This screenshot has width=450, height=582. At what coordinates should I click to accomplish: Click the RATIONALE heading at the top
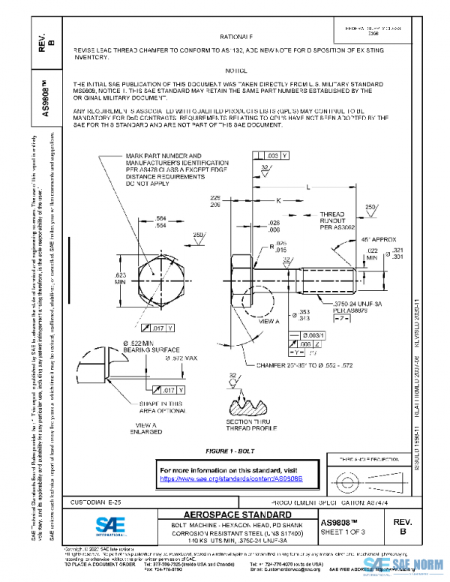click(235, 36)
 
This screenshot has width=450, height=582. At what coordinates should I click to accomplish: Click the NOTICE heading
click(235, 70)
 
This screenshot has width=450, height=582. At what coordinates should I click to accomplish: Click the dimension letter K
click(277, 201)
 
